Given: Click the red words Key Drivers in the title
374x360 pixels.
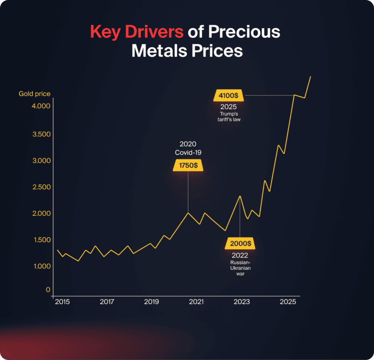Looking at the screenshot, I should coord(137,32).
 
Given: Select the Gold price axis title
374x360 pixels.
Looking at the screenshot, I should coord(34,94).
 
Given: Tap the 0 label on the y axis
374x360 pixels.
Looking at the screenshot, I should coord(48,290).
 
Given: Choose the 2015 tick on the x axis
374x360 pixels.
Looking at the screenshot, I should coord(62,302).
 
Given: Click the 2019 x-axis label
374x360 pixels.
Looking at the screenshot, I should coord(151,302).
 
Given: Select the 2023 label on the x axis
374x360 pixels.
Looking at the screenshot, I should coord(241,302).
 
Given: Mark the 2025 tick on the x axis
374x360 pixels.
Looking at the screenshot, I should coord(287,302).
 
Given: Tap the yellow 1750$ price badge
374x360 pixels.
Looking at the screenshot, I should coord(188,165).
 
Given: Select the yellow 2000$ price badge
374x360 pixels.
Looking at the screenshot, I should coord(240,243).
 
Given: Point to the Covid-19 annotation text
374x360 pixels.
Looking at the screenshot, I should coord(188,152).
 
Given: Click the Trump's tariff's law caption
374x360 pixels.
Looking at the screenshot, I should coord(228,117).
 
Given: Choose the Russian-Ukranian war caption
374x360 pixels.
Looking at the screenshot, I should coord(240,268).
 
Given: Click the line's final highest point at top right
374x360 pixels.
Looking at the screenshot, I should coord(310,77).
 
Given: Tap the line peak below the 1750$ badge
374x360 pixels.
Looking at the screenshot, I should coord(188,213).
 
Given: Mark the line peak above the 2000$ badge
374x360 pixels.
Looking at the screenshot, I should coord(240,196).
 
